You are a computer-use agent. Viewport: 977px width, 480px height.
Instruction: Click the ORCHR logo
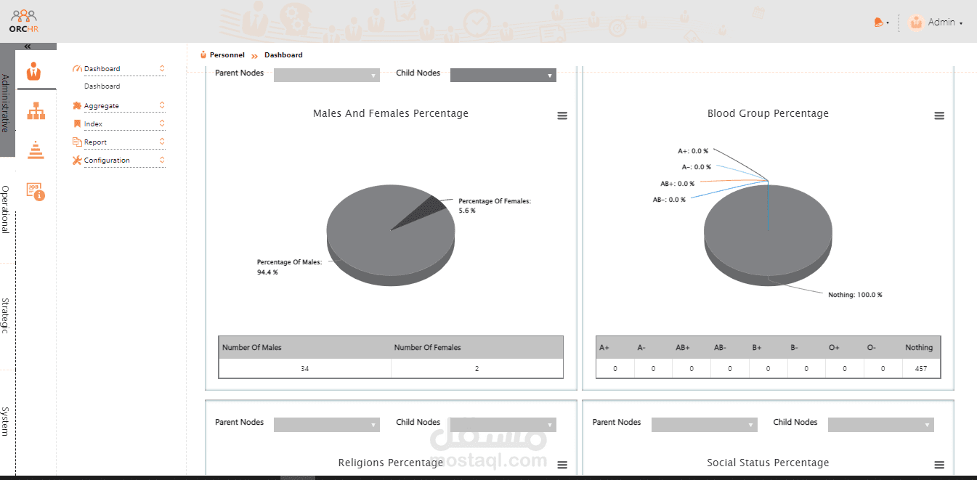click(x=23, y=21)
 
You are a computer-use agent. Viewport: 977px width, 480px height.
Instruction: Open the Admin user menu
click(x=936, y=23)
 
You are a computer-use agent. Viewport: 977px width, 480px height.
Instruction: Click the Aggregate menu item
click(x=101, y=105)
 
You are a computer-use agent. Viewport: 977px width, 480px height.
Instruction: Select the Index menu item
click(x=93, y=124)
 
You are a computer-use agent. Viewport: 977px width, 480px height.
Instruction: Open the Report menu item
click(x=95, y=142)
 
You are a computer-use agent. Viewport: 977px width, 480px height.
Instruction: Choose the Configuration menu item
click(x=107, y=160)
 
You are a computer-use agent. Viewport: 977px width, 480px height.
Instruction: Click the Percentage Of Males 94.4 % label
click(x=289, y=267)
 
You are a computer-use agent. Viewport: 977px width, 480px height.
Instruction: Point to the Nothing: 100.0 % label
click(x=855, y=295)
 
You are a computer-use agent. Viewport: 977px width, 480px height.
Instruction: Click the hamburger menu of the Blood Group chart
click(x=939, y=115)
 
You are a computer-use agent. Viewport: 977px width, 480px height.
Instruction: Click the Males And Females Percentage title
click(x=391, y=113)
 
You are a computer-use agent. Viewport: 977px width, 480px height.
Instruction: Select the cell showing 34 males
click(x=304, y=368)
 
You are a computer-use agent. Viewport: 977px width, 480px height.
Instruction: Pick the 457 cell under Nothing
click(x=921, y=368)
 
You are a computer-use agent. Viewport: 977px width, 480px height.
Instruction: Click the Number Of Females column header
click(x=427, y=347)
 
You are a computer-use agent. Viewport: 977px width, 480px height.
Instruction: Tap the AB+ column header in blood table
click(x=683, y=347)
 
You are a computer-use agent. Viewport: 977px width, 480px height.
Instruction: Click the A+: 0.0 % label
click(x=693, y=151)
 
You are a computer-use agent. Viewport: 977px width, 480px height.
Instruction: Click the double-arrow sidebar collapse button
click(x=28, y=46)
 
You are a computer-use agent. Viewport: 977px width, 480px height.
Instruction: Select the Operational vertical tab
click(x=5, y=209)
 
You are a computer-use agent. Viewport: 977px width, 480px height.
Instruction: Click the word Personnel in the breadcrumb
click(x=227, y=55)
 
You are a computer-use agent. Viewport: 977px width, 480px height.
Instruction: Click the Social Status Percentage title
click(x=768, y=463)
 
